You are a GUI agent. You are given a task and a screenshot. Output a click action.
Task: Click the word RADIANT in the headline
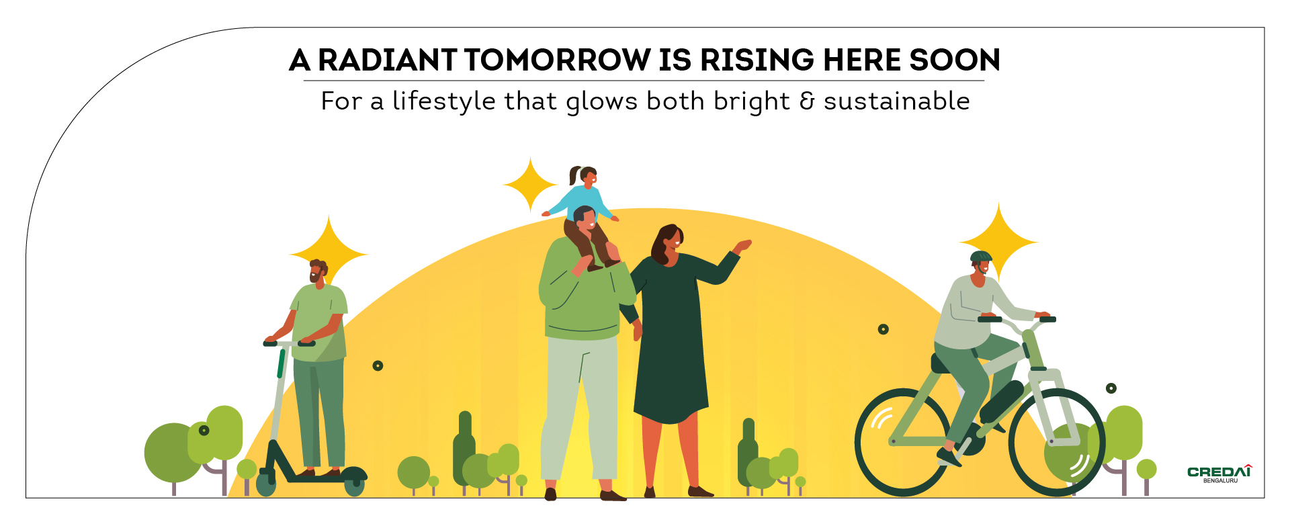coord(388,60)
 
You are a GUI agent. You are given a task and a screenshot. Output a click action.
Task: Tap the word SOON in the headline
coord(955,60)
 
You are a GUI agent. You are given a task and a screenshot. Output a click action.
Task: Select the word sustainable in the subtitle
coord(897,101)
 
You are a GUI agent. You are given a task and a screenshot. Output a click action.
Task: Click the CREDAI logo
coord(1219,474)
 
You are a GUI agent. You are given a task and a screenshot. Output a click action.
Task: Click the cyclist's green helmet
coord(981,257)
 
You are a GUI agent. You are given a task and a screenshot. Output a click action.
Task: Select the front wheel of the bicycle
coord(1057,442)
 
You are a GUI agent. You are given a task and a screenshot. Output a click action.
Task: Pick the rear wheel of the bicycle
coord(903,442)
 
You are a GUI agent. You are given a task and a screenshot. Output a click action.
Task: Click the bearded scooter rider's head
coord(318,271)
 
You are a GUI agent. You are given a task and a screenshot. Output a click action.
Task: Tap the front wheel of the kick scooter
coord(266,483)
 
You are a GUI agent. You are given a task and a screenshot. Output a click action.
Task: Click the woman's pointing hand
coord(742,246)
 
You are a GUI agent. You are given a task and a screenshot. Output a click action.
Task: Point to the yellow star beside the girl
coord(531,185)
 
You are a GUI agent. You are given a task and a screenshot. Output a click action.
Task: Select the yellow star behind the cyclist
coord(999,242)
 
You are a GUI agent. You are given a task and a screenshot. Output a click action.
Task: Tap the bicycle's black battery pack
coord(1001,401)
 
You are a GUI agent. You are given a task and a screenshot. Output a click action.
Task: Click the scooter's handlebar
coord(289,343)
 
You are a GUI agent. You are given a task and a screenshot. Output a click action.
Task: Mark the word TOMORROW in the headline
coord(558,60)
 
